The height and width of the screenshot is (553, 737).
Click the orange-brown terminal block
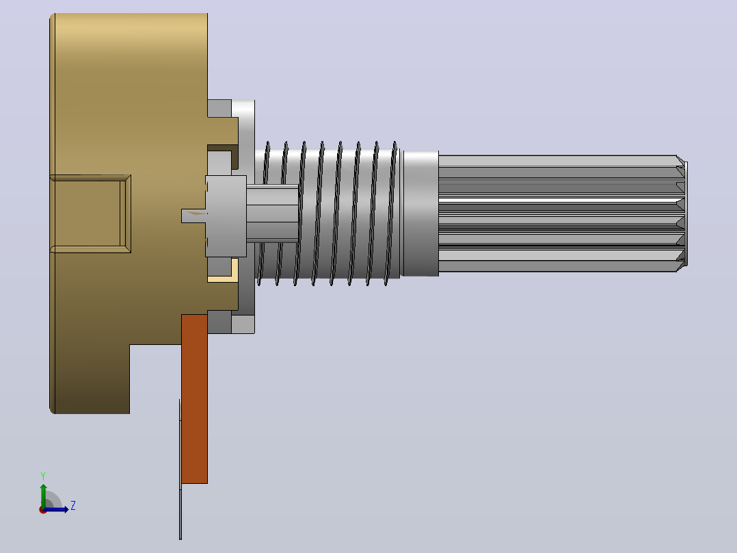pyautogui.click(x=194, y=398)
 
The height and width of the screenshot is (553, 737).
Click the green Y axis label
pyautogui.click(x=43, y=476)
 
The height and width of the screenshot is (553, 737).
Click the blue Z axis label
pyautogui.click(x=73, y=506)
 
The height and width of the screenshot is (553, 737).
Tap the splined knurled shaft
pyautogui.click(x=562, y=214)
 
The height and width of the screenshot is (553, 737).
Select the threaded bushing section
pyautogui.click(x=328, y=214)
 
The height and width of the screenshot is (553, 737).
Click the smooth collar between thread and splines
pyautogui.click(x=420, y=214)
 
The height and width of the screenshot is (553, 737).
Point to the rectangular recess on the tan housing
pyautogui.click(x=90, y=214)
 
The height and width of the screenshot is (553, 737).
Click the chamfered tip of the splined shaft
pyautogui.click(x=682, y=214)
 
